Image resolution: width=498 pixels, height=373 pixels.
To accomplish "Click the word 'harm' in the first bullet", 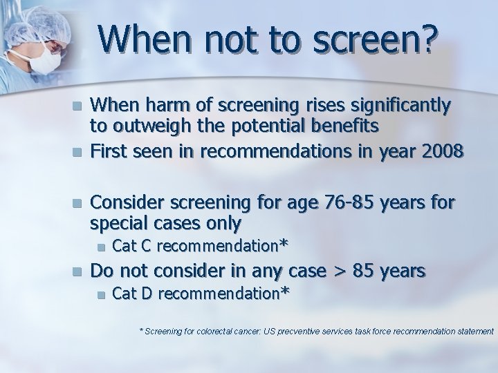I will coord(165,106).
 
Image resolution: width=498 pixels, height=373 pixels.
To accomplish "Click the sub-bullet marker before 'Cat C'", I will coord(101,246).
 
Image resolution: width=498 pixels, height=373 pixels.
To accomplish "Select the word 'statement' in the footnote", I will coord(472,332).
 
